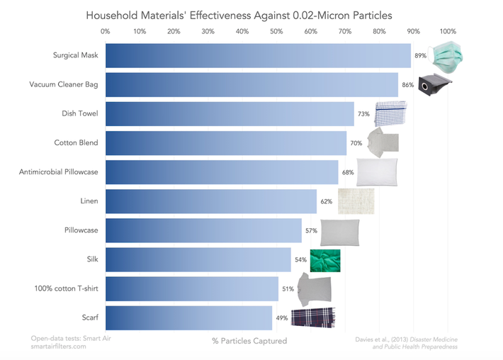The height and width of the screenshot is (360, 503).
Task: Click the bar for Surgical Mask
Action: (258, 55)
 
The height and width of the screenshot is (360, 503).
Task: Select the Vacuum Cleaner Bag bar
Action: (252, 84)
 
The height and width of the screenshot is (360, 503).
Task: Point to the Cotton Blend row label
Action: (76, 143)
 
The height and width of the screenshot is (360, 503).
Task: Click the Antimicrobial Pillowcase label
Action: (58, 172)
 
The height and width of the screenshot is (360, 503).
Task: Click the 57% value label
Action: (311, 231)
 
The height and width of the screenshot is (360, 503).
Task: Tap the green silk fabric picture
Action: (324, 260)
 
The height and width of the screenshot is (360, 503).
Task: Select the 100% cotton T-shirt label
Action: (66, 288)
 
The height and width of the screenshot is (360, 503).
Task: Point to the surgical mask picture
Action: (452, 55)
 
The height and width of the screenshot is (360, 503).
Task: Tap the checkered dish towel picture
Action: (390, 113)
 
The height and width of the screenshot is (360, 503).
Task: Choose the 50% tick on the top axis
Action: (276, 31)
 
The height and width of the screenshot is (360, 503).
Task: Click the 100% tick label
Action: (448, 31)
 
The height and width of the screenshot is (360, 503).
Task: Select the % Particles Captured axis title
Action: (249, 341)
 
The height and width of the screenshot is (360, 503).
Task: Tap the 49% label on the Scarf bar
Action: (282, 318)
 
